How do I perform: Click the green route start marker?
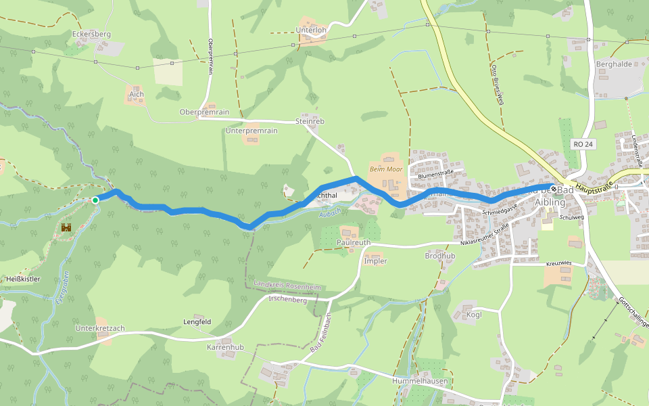(x=95, y=200)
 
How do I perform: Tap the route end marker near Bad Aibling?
(x=554, y=189)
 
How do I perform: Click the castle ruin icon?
(x=66, y=229)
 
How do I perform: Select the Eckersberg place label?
(x=91, y=34)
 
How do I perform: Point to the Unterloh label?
(x=312, y=30)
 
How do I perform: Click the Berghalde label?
(x=613, y=64)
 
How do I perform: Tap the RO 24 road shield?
(x=582, y=144)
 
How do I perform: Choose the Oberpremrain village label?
(x=204, y=112)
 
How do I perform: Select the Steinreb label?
(x=310, y=121)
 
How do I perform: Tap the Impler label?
(x=375, y=261)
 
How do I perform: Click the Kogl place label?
(x=475, y=315)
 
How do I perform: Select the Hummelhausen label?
(x=420, y=381)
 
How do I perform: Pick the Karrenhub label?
(x=224, y=347)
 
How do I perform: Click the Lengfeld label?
(x=197, y=321)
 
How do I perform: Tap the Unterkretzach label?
(x=100, y=328)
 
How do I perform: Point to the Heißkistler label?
(x=24, y=279)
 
